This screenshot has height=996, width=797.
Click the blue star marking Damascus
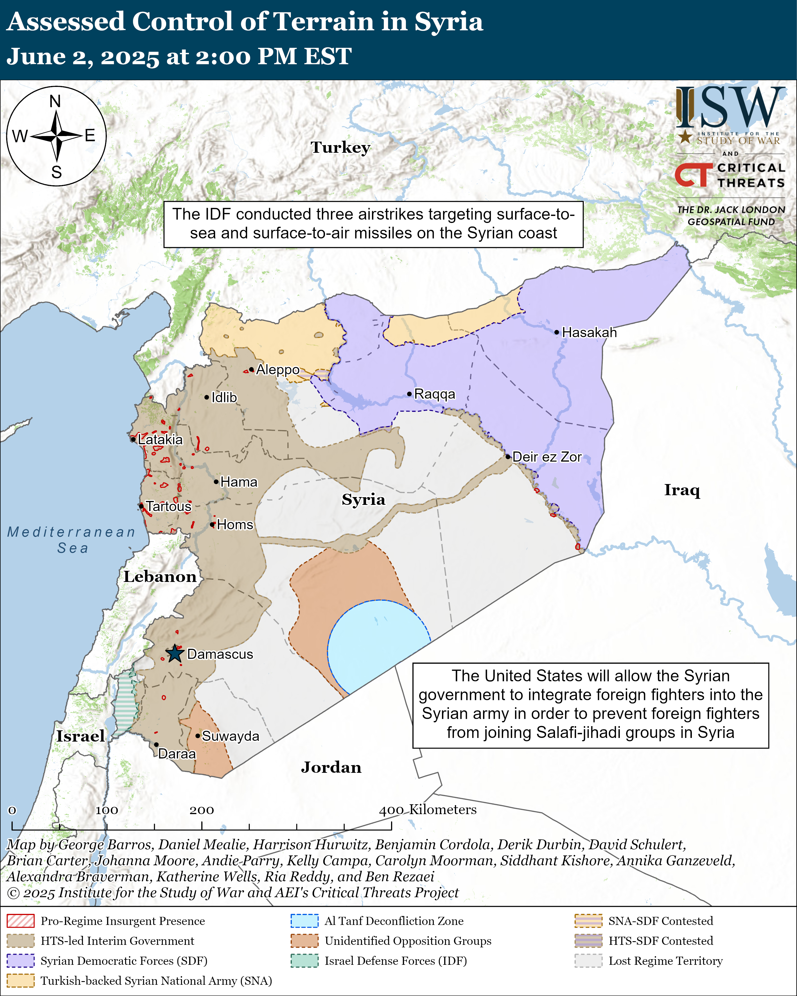point(175,654)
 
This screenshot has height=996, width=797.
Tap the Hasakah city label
point(589,332)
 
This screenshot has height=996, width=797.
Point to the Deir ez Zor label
point(547,457)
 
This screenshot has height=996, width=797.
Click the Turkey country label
point(340,147)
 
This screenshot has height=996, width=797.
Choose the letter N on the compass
point(55,101)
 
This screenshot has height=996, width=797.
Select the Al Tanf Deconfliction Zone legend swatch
point(304,921)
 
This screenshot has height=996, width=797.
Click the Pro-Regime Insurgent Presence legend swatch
point(20,921)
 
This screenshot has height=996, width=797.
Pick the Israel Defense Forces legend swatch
point(304,960)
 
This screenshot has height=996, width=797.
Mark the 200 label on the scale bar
point(202,810)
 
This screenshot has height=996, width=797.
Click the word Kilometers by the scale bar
point(442,809)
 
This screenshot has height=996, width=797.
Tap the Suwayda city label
point(231,736)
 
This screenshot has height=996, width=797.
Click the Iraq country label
point(682,490)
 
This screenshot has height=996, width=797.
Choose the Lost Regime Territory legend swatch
point(588,960)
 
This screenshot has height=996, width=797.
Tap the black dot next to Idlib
point(207,397)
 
